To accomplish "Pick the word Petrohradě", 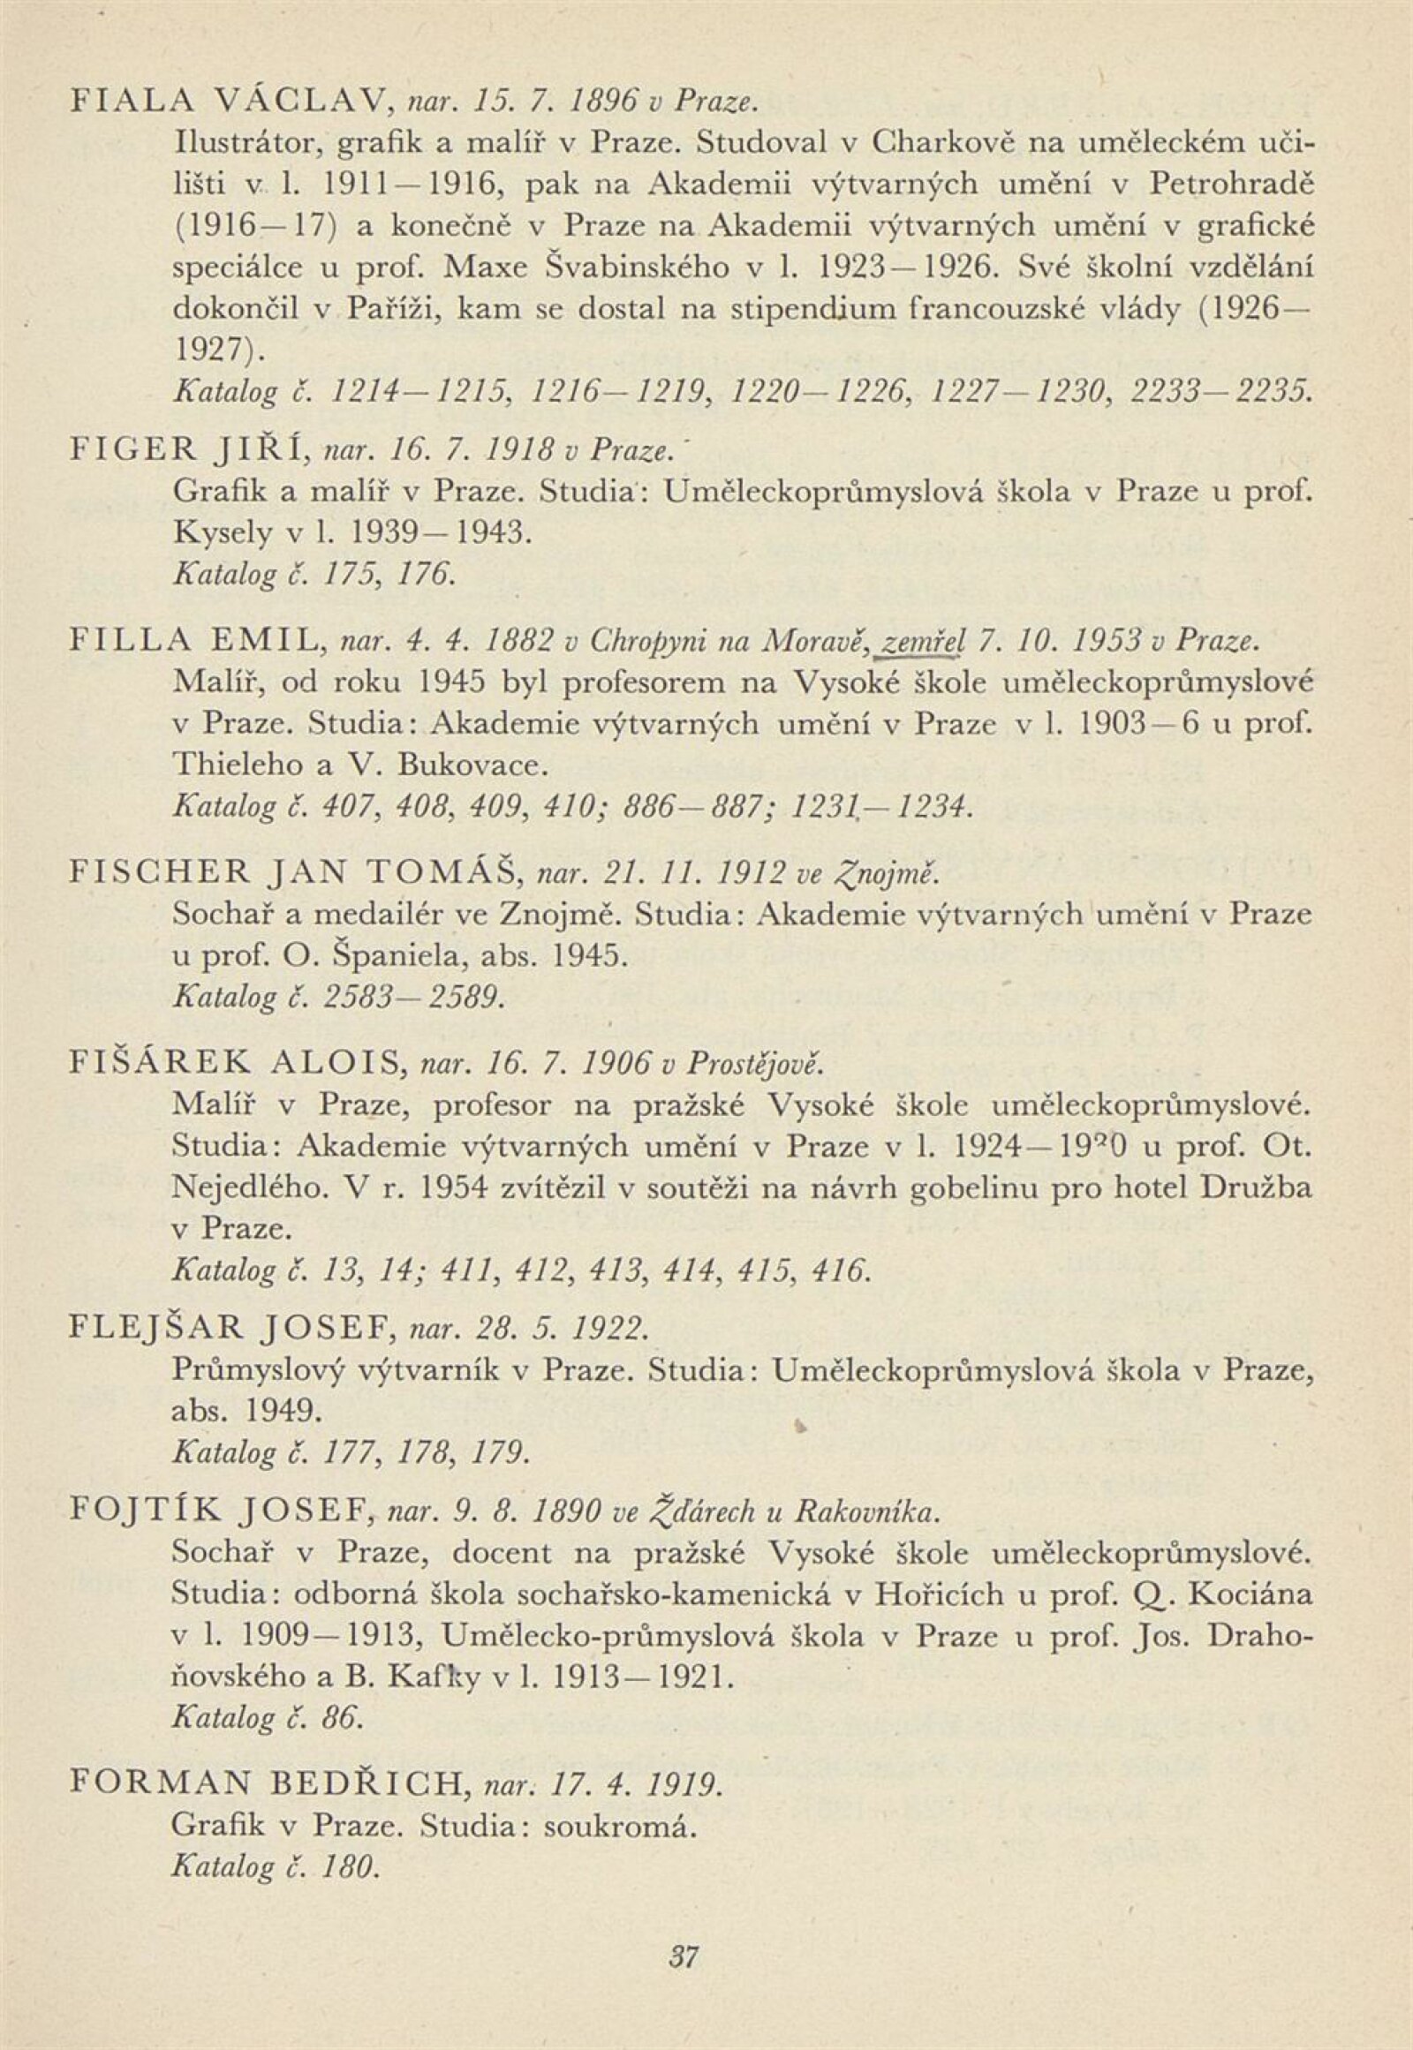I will tap(1230, 184).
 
